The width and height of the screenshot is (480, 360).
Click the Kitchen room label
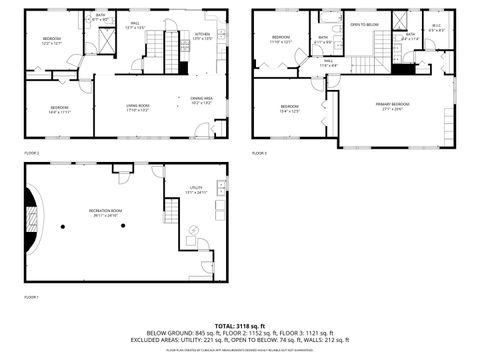(202, 35)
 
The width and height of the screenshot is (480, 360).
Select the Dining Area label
(201, 99)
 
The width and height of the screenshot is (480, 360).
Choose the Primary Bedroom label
(392, 106)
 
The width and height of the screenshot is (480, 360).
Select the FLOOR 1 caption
(31, 296)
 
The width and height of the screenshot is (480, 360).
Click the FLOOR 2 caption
(31, 153)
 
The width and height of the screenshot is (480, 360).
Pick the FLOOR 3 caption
(259, 153)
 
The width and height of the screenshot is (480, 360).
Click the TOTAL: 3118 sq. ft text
(240, 325)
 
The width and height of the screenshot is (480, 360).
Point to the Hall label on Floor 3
(328, 62)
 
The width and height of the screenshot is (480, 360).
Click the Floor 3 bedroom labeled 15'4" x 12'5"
(290, 108)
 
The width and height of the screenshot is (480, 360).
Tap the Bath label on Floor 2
(100, 16)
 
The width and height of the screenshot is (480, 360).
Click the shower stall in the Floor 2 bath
(108, 27)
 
